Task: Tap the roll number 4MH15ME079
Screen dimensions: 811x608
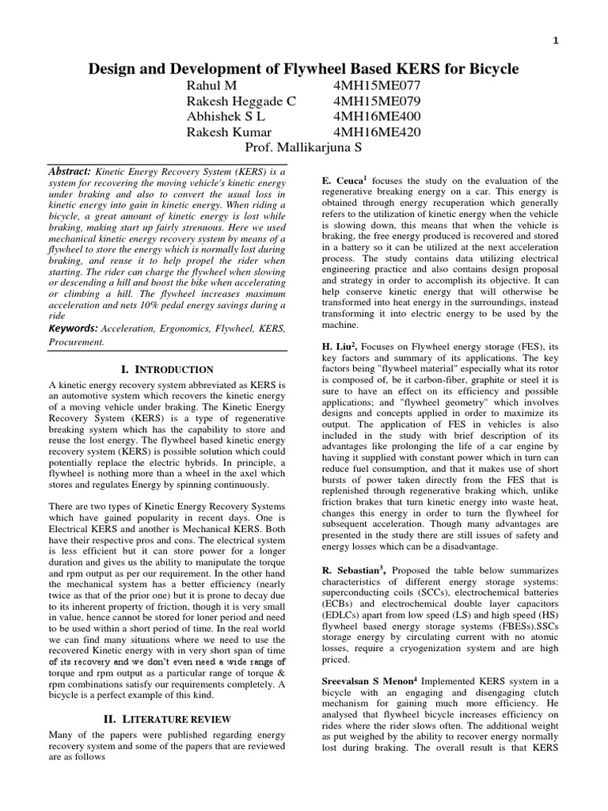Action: (x=378, y=101)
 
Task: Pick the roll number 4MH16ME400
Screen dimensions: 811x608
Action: (x=378, y=116)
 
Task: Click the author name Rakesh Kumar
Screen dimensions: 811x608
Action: (x=228, y=131)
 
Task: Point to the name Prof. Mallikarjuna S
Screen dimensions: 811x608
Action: (x=303, y=147)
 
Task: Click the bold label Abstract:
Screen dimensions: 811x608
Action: (x=70, y=171)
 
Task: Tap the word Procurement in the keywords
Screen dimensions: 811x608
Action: (x=77, y=343)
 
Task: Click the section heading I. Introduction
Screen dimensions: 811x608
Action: (x=166, y=369)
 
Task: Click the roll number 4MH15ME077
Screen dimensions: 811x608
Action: (x=378, y=86)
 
